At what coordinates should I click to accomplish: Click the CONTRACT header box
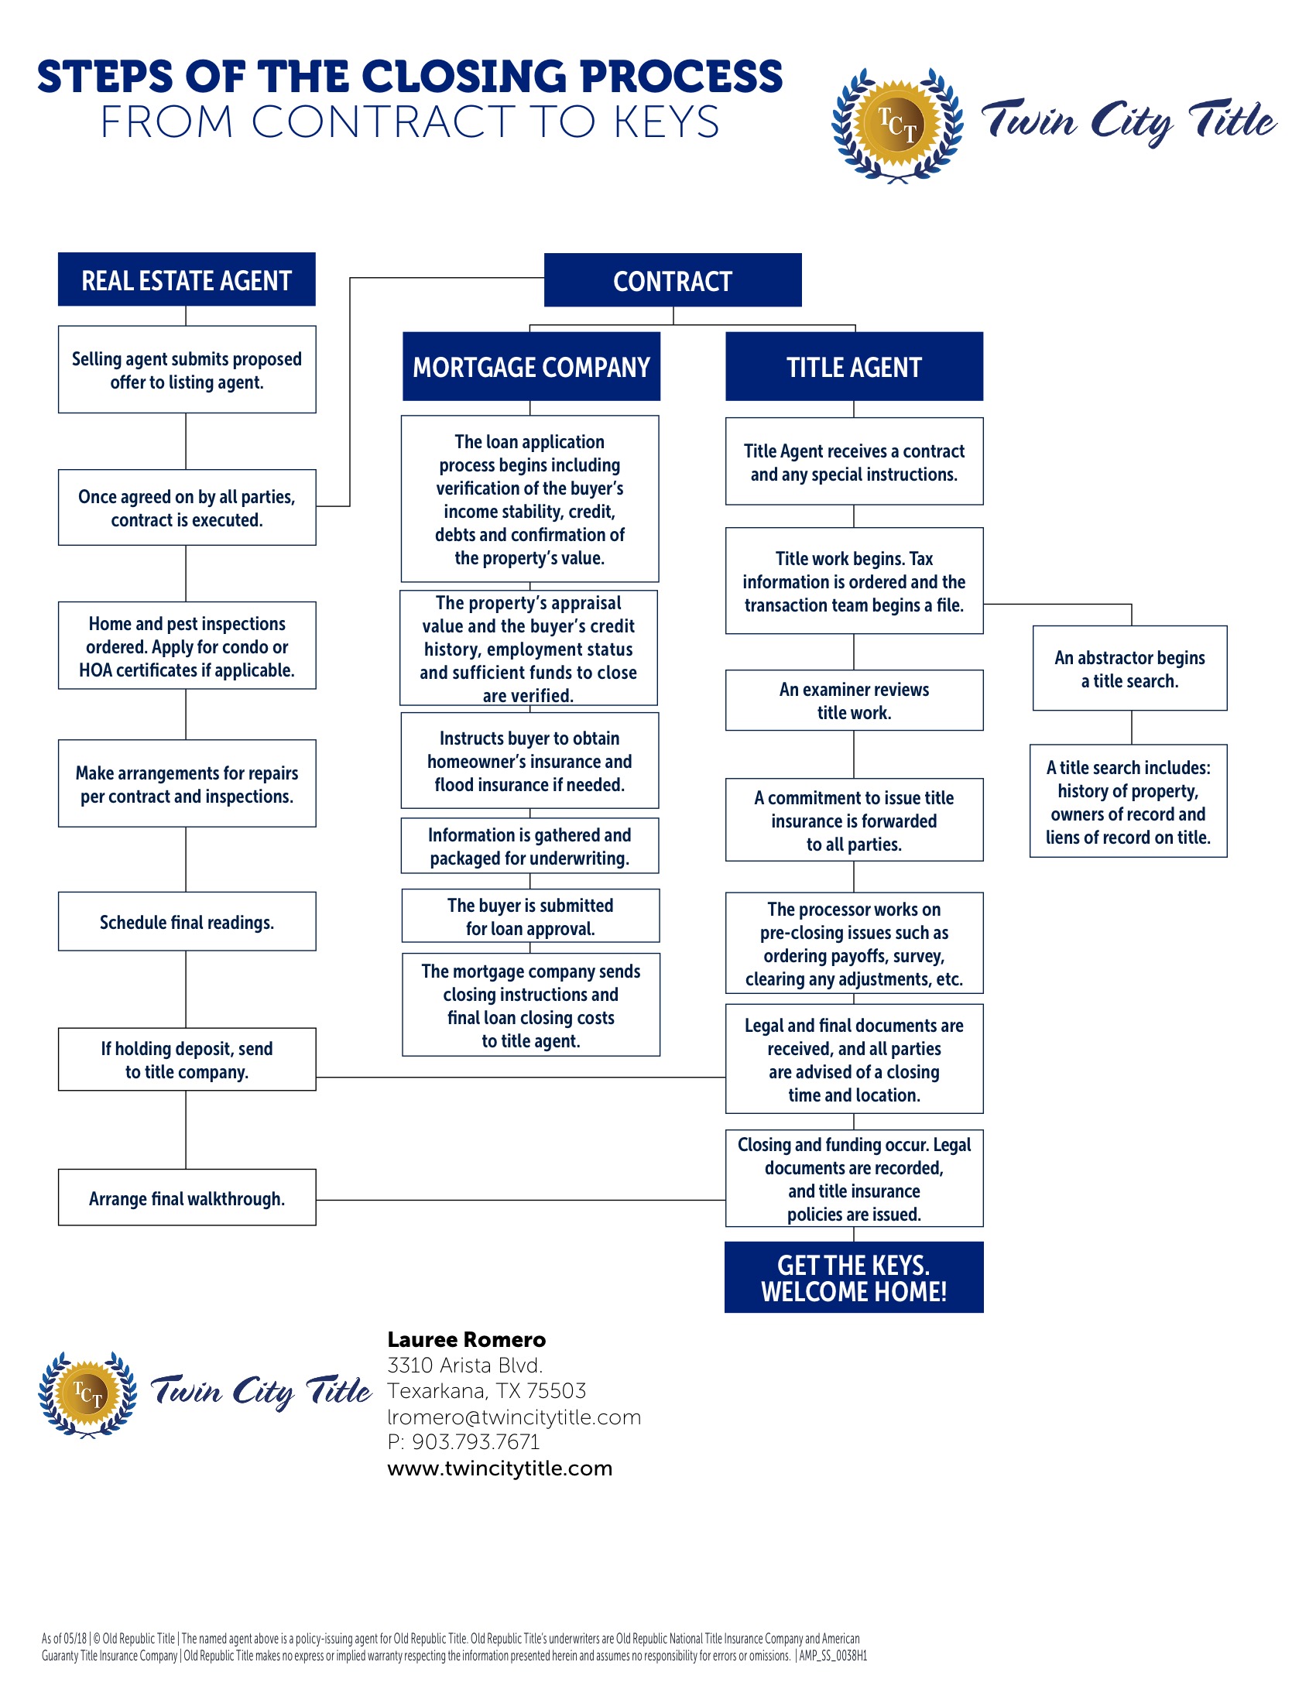pyautogui.click(x=672, y=280)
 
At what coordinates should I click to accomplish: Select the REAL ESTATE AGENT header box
pyautogui.click(x=187, y=279)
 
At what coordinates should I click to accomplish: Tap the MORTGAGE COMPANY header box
pyautogui.click(x=531, y=366)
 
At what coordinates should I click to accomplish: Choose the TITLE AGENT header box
pyautogui.click(x=854, y=366)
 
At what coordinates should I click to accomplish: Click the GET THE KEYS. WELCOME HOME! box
pyautogui.click(x=854, y=1277)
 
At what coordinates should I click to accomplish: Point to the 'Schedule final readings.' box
pyautogui.click(x=187, y=922)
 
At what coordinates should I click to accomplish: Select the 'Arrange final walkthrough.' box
pyautogui.click(x=187, y=1198)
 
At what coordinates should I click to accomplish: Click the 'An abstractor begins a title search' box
pyautogui.click(x=1129, y=668)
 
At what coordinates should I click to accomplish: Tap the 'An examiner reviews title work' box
pyautogui.click(x=854, y=701)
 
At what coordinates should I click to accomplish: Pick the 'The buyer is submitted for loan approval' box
pyautogui.click(x=530, y=917)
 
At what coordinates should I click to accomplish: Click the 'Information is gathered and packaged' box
pyautogui.click(x=530, y=846)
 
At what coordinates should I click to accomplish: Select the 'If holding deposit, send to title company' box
pyautogui.click(x=187, y=1060)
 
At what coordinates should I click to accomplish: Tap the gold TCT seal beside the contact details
pyautogui.click(x=87, y=1394)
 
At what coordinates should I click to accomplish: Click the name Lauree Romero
pyautogui.click(x=466, y=1340)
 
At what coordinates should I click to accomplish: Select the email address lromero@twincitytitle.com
pyautogui.click(x=515, y=1417)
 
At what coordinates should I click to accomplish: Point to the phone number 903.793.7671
pyautogui.click(x=476, y=1442)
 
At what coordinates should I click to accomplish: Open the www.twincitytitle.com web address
pyautogui.click(x=500, y=1468)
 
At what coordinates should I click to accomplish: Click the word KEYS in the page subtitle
pyautogui.click(x=667, y=122)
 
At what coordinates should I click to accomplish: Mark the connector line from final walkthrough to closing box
pyautogui.click(x=521, y=1200)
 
